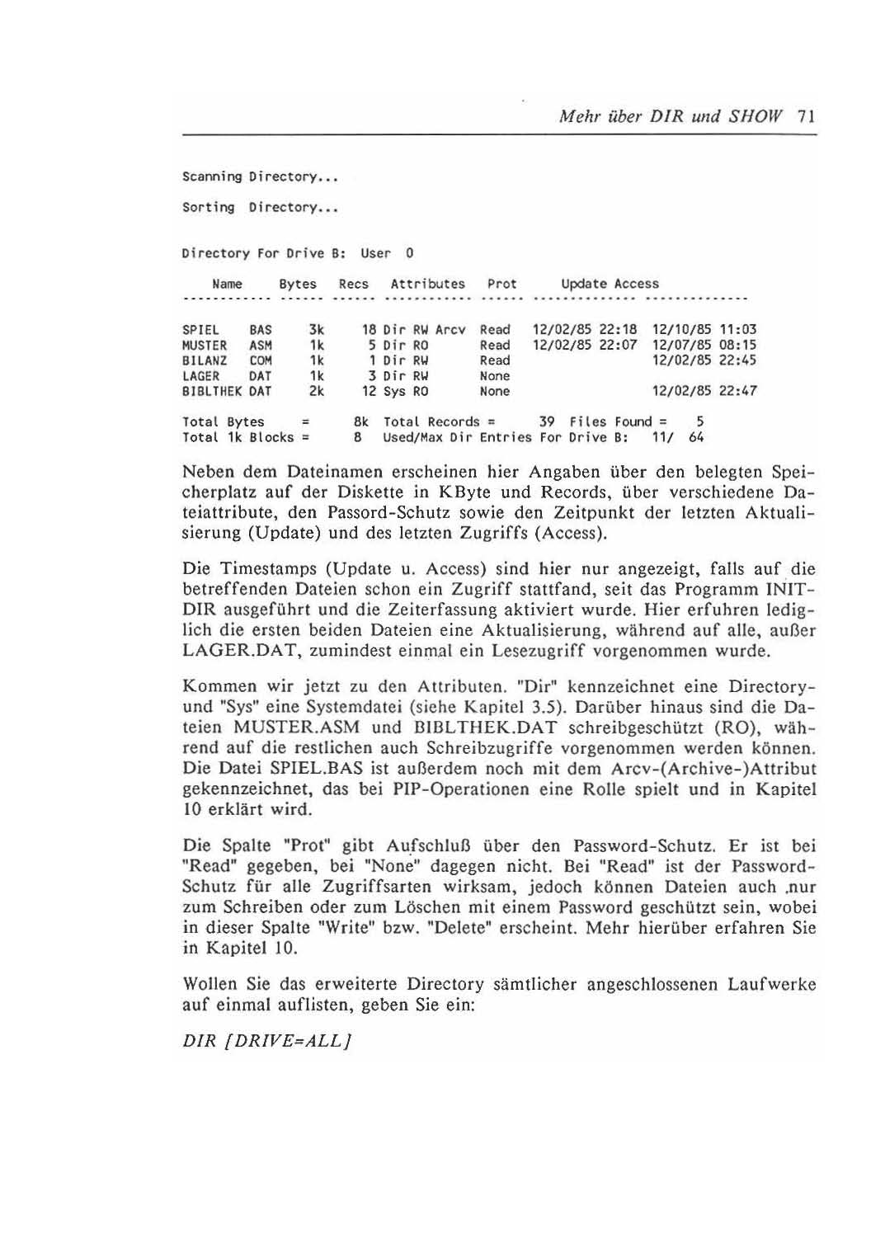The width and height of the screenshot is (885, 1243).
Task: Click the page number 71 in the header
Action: pyautogui.click(x=807, y=116)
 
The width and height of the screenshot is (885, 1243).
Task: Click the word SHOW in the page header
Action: pyautogui.click(x=755, y=116)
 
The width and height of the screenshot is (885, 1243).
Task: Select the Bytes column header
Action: pyautogui.click(x=297, y=284)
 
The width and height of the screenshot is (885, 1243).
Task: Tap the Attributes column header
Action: pyautogui.click(x=427, y=284)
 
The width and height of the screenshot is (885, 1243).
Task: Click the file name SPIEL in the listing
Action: pyautogui.click(x=200, y=330)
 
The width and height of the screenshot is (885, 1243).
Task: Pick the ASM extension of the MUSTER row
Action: pyautogui.click(x=261, y=346)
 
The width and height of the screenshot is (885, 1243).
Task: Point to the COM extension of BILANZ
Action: pyautogui.click(x=261, y=360)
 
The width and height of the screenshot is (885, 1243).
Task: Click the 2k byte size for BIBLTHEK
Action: pyautogui.click(x=316, y=391)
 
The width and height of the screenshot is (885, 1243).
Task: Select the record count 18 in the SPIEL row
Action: pyautogui.click(x=369, y=330)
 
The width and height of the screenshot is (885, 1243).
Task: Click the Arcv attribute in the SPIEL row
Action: pyautogui.click(x=450, y=330)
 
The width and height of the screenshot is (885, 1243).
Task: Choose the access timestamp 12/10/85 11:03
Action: pyautogui.click(x=704, y=330)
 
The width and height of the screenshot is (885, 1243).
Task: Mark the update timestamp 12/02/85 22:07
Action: pyautogui.click(x=585, y=346)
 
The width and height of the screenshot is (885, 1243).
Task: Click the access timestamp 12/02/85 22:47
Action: pyautogui.click(x=704, y=391)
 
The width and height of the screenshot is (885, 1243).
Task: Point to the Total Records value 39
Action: pyautogui.click(x=546, y=421)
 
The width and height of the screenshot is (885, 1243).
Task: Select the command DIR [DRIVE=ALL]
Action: pyautogui.click(x=267, y=1041)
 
